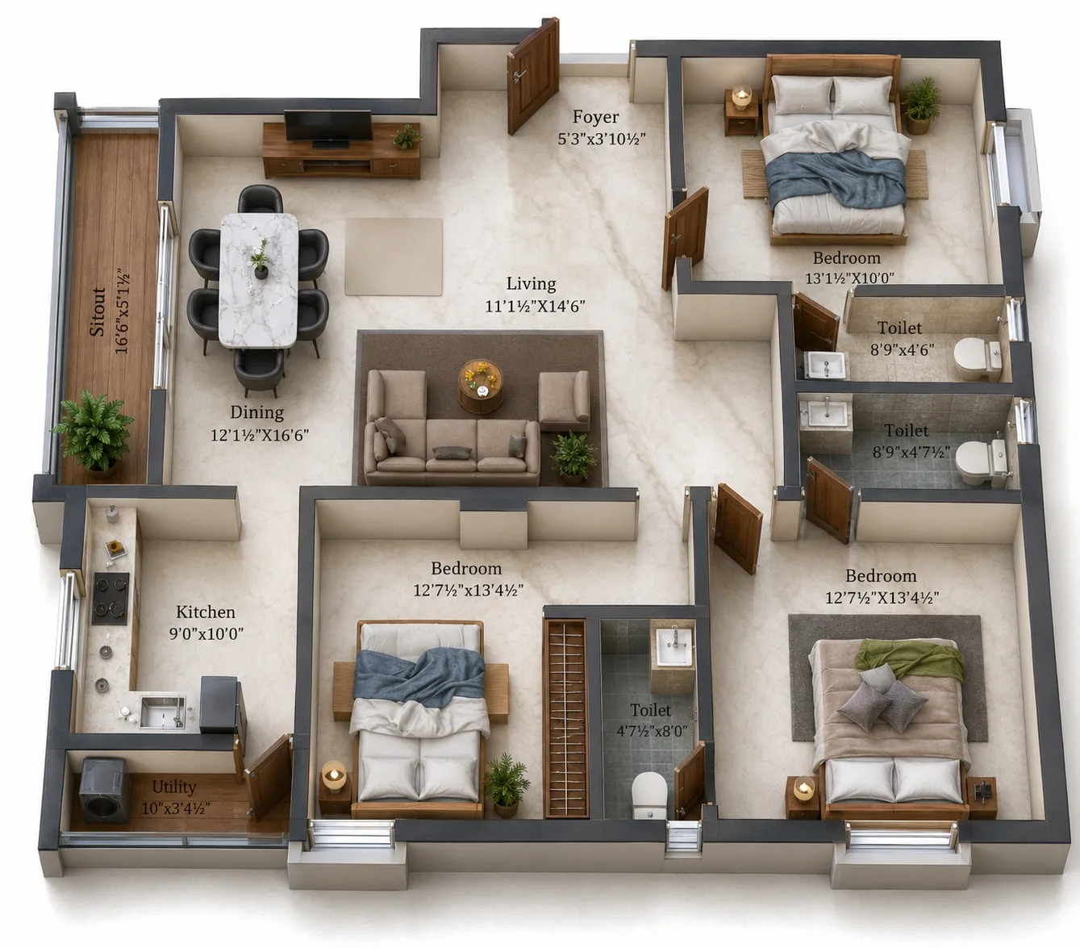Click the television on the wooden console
coord(327,128)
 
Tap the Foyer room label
coord(595,117)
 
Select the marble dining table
coord(259,281)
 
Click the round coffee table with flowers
coord(481,386)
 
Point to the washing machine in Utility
coord(105,790)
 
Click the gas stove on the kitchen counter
coord(111,598)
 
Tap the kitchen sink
coord(162,712)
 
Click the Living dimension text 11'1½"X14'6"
coord(535,306)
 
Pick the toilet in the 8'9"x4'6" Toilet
coord(977,358)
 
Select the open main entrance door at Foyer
coord(533,77)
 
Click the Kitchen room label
coord(205,612)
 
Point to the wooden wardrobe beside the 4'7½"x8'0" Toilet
coord(565,718)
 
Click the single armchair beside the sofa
coord(564,401)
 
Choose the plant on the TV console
coord(407,136)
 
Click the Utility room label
coord(173,787)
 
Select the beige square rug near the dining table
coord(394,257)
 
